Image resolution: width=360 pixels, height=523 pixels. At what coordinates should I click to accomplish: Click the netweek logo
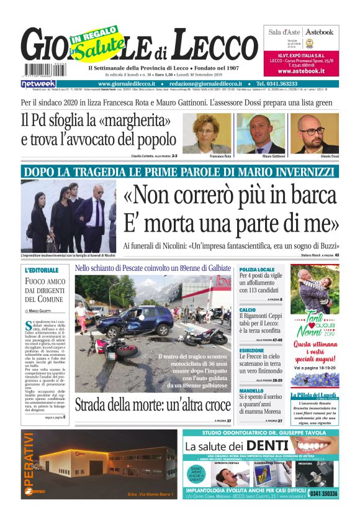(x=38, y=83)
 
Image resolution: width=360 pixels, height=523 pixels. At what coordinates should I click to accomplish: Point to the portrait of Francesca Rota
(x=215, y=132)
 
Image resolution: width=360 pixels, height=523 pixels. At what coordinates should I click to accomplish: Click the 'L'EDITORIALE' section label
(x=42, y=271)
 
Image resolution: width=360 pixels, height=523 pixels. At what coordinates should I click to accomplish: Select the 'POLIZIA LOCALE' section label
(x=256, y=270)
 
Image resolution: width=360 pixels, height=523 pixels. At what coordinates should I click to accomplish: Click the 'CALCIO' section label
(x=247, y=309)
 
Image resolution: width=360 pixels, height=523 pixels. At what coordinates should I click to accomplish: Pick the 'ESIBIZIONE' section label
(x=251, y=350)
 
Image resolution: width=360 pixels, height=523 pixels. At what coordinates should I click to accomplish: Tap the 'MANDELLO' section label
(x=251, y=391)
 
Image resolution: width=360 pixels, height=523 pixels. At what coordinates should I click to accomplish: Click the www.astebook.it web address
(x=302, y=71)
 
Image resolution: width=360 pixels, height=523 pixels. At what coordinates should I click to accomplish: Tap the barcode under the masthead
(x=43, y=70)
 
